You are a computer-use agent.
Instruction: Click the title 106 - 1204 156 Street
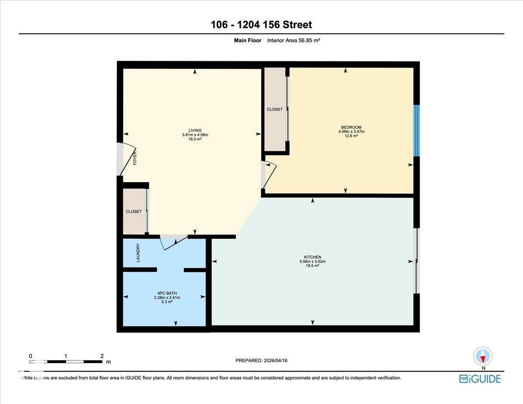tap(261, 25)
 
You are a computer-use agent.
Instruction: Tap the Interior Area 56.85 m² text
tap(294, 41)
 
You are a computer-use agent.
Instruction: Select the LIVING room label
tap(195, 130)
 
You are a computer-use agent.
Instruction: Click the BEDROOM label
tap(351, 127)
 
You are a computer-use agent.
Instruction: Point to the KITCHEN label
tap(312, 257)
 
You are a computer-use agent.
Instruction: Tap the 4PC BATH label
tap(167, 293)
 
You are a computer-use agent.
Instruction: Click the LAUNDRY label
tap(138, 252)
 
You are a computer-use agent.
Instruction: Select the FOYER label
tap(135, 158)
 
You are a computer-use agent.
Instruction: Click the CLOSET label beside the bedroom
tap(275, 109)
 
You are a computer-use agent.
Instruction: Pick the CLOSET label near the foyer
tap(134, 211)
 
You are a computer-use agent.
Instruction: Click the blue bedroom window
tap(416, 130)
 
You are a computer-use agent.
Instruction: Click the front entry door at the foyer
tap(126, 159)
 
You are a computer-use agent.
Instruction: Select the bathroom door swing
tap(173, 242)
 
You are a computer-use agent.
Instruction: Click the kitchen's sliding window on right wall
tap(416, 261)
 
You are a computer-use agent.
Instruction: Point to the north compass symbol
tap(482, 356)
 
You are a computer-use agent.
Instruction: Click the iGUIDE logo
tap(480, 378)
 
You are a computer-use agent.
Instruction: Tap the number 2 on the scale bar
tap(102, 356)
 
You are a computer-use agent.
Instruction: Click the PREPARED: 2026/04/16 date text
tap(261, 360)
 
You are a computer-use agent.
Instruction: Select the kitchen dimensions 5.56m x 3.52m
tap(312, 261)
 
